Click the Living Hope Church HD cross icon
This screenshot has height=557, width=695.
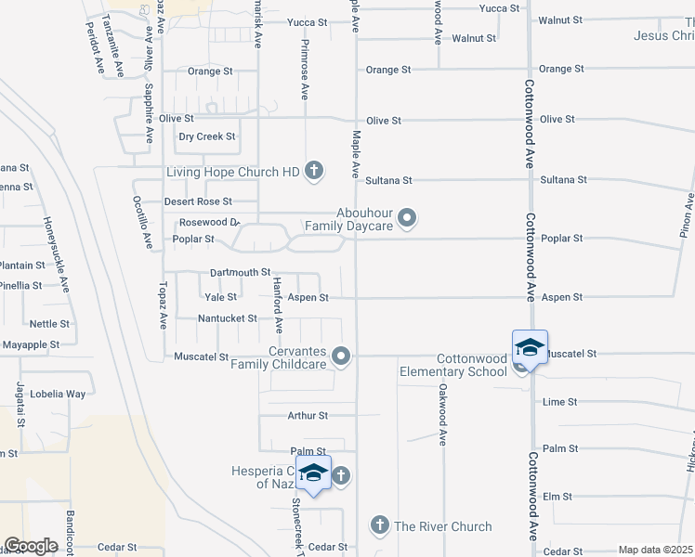tap(314, 171)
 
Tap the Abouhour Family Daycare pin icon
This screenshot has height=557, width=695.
tap(407, 218)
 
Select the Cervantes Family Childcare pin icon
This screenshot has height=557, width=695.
tap(342, 356)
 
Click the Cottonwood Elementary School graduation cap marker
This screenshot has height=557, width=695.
tap(530, 348)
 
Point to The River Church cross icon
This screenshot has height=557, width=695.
tap(379, 526)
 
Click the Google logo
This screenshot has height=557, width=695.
tap(32, 546)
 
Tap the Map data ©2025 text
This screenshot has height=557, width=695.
tap(655, 550)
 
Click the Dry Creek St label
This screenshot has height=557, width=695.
tap(207, 136)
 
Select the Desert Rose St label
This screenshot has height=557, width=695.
tap(198, 201)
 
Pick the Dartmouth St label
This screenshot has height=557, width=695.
tap(240, 272)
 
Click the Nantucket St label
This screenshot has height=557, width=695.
tap(228, 318)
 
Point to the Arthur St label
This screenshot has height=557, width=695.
tap(308, 416)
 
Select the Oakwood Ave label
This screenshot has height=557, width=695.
tap(443, 414)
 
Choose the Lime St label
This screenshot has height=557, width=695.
tap(560, 402)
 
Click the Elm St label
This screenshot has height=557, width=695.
tap(557, 497)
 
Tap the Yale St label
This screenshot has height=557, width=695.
tap(220, 297)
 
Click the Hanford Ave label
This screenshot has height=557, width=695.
tap(277, 304)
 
